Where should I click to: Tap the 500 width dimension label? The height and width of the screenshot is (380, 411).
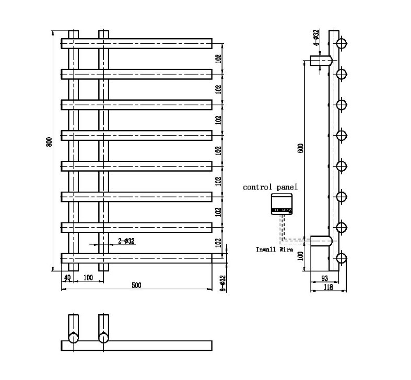pos(136,285)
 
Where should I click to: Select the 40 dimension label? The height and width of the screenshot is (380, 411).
pos(67,277)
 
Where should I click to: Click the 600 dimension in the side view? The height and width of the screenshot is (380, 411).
pos(300,148)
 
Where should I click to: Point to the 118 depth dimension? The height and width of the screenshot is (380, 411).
pos(328,287)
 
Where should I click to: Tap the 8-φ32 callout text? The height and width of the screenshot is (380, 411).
pos(222,283)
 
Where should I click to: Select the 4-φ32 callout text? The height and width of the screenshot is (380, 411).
pos(316,38)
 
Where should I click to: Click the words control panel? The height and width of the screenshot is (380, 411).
pos(270,187)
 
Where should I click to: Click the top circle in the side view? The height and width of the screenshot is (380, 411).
pos(342,43)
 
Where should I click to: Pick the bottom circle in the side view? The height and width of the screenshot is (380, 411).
pos(342,258)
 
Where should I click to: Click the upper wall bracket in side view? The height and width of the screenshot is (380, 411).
pos(320,61)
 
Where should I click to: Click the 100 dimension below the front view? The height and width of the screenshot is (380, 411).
pos(88,277)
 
